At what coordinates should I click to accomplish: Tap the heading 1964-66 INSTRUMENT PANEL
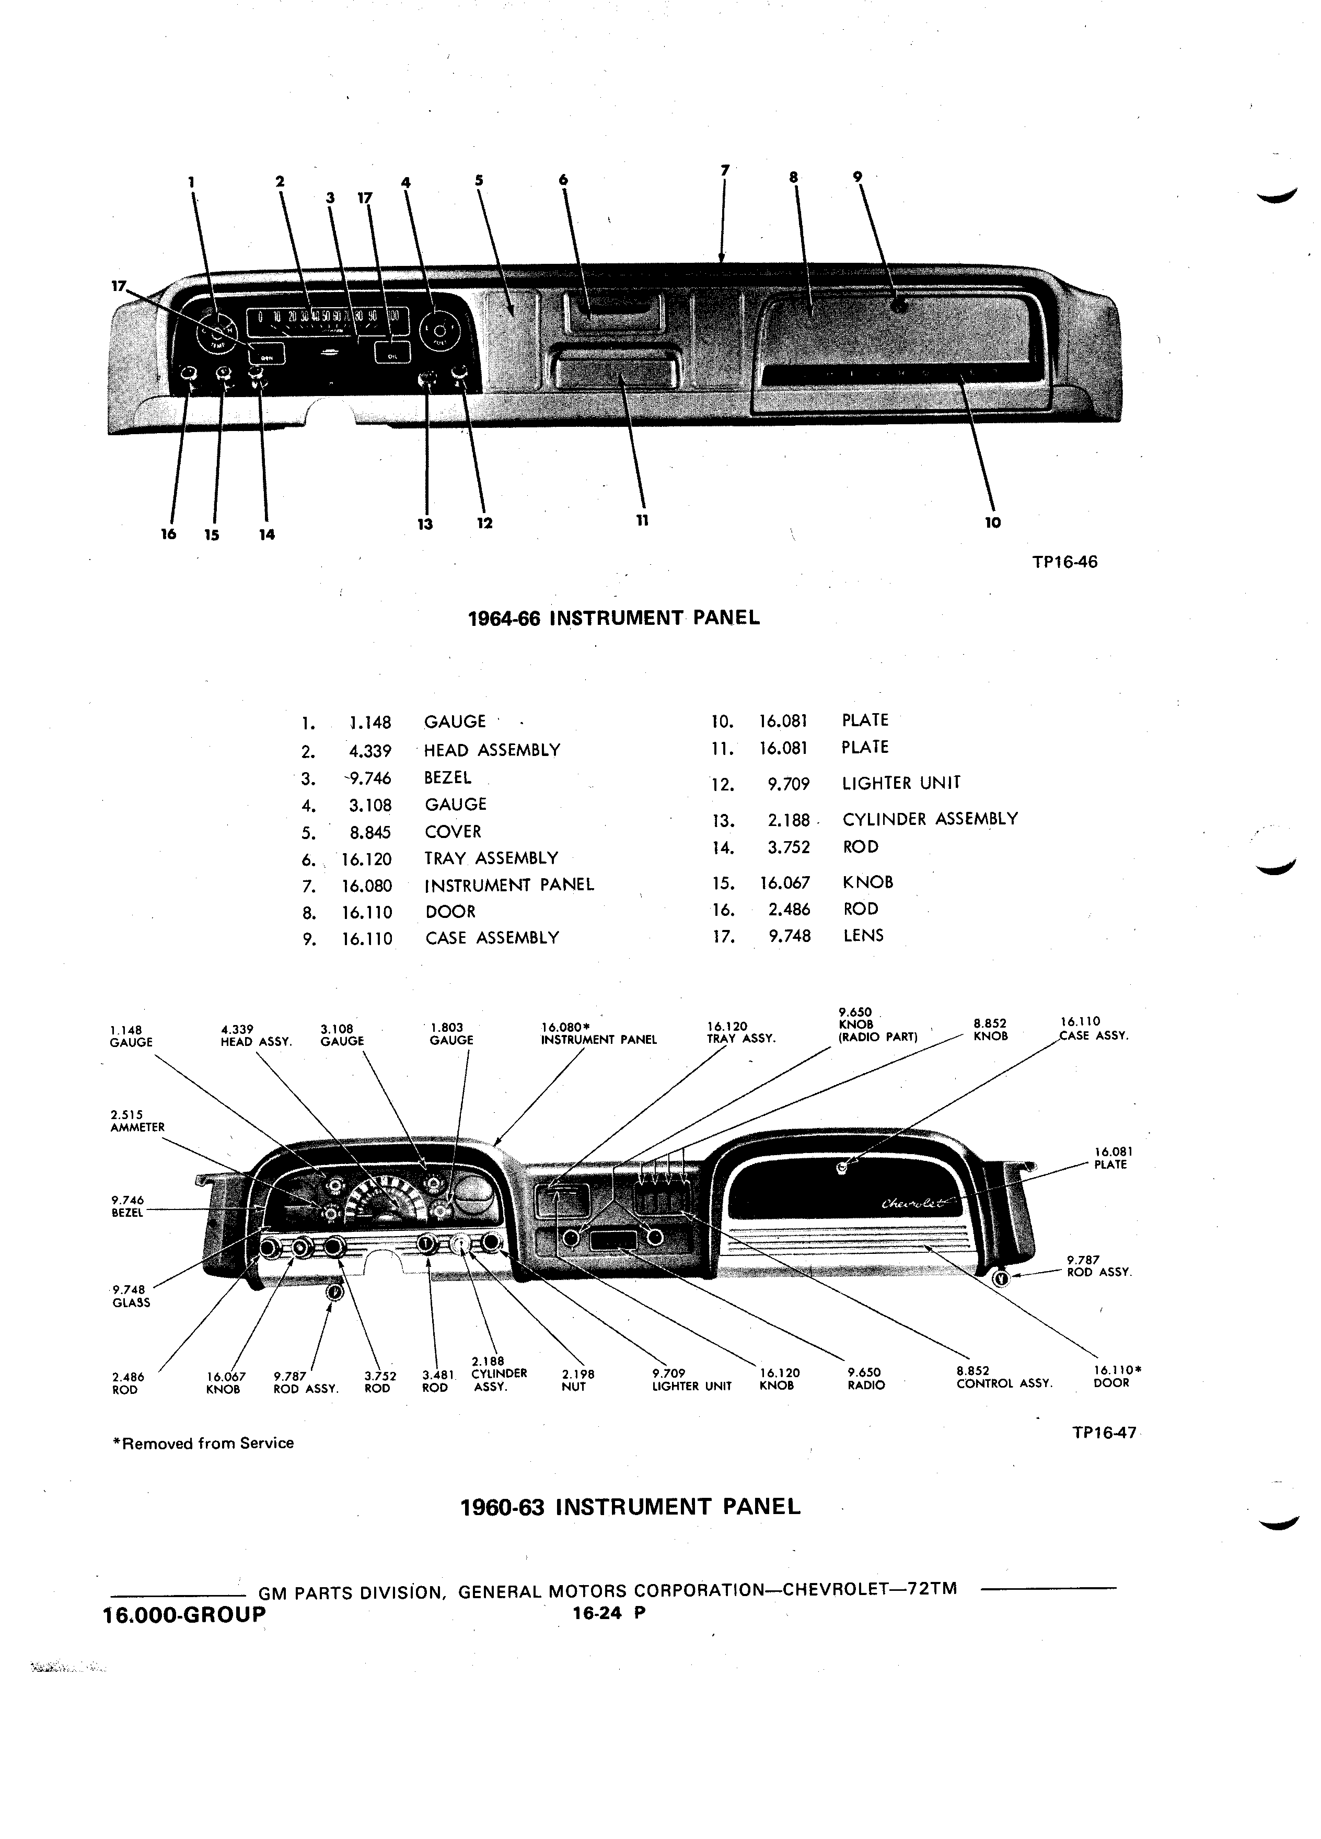click(x=615, y=618)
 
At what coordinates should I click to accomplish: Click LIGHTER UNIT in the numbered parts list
click(x=901, y=783)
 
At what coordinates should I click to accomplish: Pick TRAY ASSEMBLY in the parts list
click(x=491, y=858)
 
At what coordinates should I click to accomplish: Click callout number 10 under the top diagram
click(x=992, y=523)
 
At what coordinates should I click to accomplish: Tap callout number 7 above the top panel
click(x=725, y=169)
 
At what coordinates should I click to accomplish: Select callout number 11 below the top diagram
click(x=642, y=520)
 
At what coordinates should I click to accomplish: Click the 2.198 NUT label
click(x=577, y=1380)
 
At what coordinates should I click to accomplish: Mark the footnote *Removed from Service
click(x=203, y=1444)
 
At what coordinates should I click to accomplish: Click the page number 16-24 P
click(x=608, y=1613)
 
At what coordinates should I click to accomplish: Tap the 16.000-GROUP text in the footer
click(x=185, y=1614)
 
